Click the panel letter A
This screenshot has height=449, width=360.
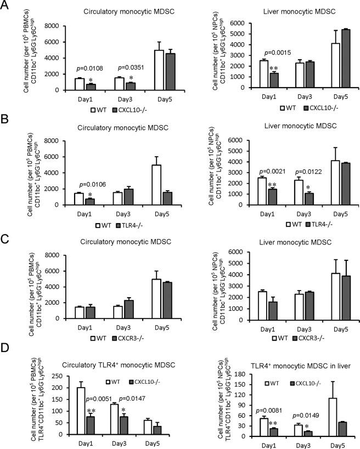tap(6, 7)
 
